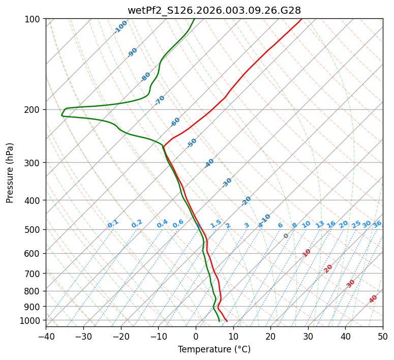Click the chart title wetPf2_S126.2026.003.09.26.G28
click(214, 10)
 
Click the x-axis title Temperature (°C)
click(214, 350)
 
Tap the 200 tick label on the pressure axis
click(34, 110)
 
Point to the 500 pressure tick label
click(34, 230)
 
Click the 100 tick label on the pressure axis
click(34, 19)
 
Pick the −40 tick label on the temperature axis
click(46, 336)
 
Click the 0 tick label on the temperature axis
click(196, 336)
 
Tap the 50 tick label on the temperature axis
click(383, 336)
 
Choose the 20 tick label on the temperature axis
click(270, 336)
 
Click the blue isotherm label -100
click(120, 27)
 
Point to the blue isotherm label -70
click(160, 100)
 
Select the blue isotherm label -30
click(227, 183)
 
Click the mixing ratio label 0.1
click(113, 224)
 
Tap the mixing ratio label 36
click(377, 224)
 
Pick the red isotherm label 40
click(373, 299)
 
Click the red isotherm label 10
click(307, 253)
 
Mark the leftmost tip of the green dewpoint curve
click(62, 115)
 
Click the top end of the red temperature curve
click(301, 19)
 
